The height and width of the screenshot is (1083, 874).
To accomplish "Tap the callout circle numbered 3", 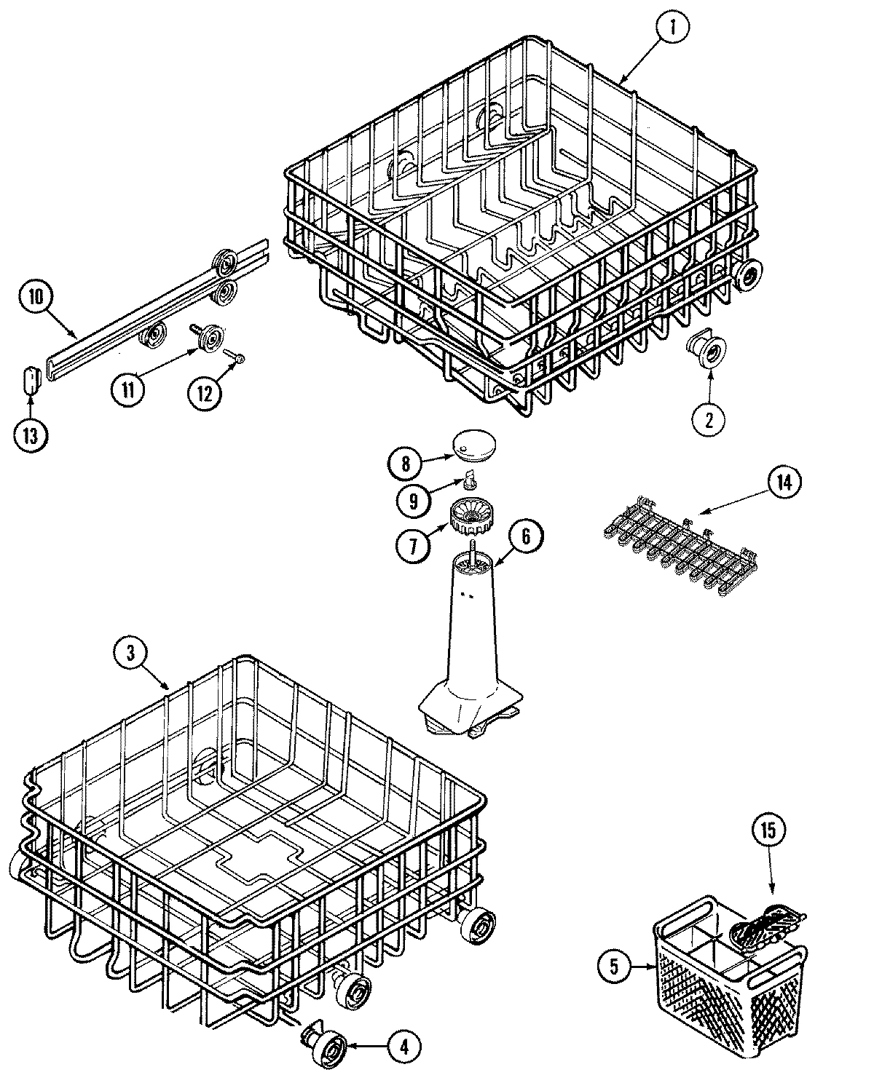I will (x=130, y=653).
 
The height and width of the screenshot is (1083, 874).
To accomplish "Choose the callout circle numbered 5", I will (x=613, y=967).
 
